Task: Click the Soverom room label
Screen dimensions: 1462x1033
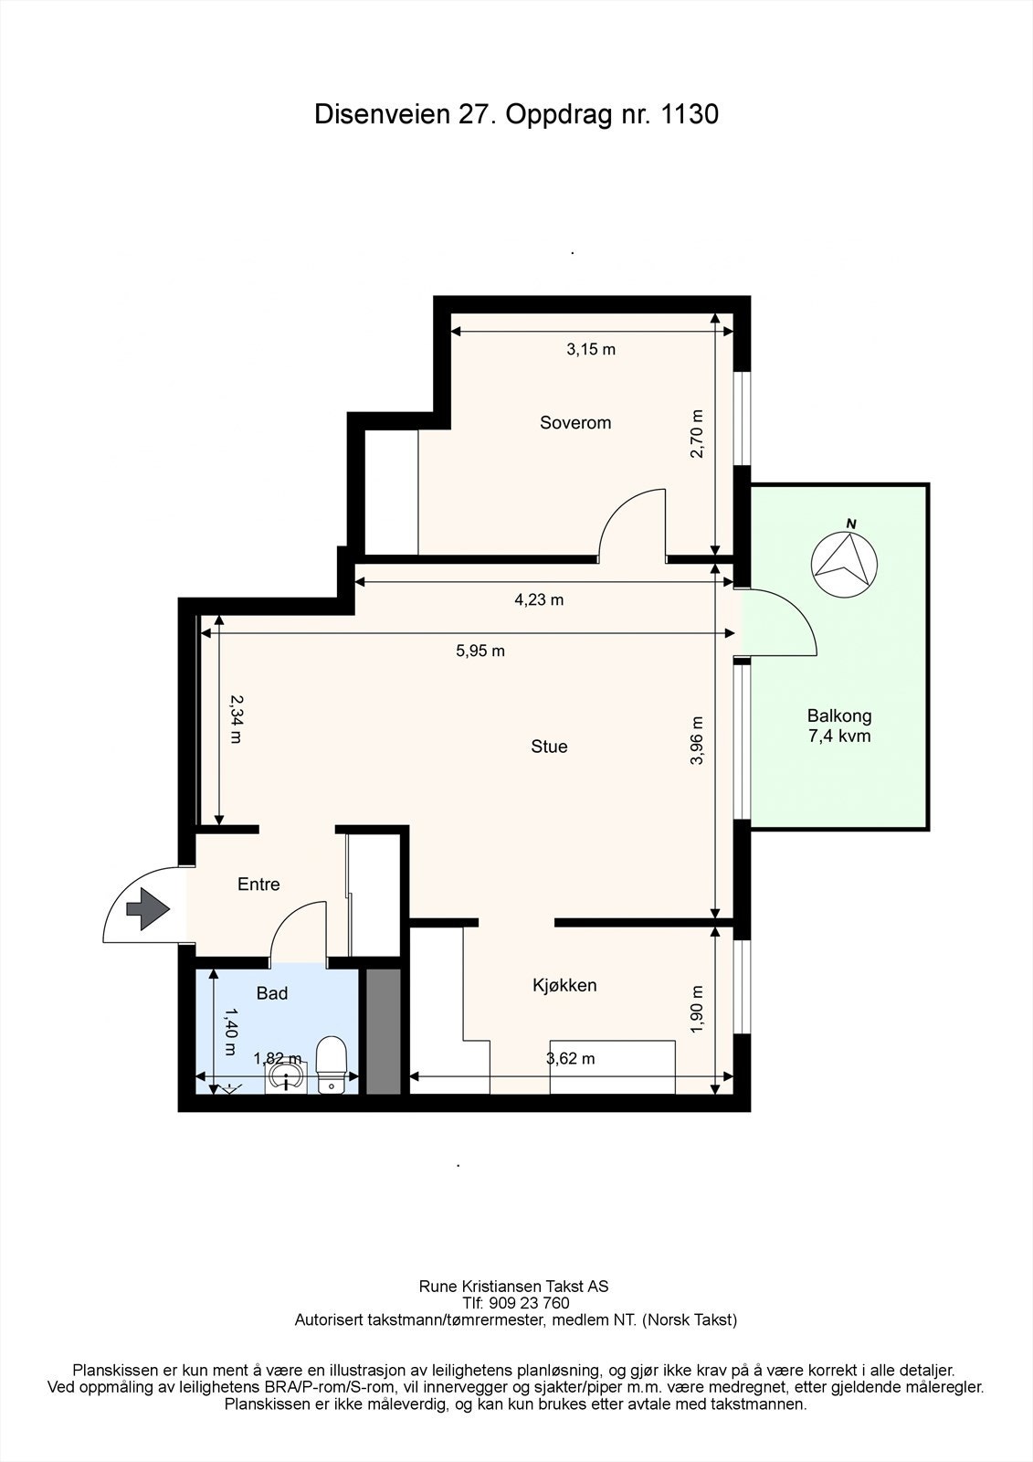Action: (x=575, y=423)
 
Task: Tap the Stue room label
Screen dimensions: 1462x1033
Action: (x=549, y=747)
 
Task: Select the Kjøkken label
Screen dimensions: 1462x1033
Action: (x=564, y=985)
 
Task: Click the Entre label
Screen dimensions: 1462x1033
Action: (x=258, y=885)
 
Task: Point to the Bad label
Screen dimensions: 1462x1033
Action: (x=272, y=993)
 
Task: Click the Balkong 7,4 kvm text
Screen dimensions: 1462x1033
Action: (x=838, y=726)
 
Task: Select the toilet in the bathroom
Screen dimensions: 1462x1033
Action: (x=330, y=1063)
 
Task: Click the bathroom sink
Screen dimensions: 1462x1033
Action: (x=287, y=1074)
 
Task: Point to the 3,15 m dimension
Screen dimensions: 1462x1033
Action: (x=591, y=349)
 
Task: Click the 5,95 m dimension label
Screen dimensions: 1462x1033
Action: (x=480, y=652)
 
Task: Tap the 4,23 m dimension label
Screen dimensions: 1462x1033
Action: (x=539, y=600)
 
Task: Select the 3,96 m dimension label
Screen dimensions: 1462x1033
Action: (x=697, y=740)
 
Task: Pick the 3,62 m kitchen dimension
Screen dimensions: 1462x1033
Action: (x=570, y=1059)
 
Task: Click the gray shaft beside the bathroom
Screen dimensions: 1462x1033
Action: (x=384, y=1029)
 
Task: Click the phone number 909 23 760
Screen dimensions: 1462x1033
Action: (x=529, y=1303)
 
